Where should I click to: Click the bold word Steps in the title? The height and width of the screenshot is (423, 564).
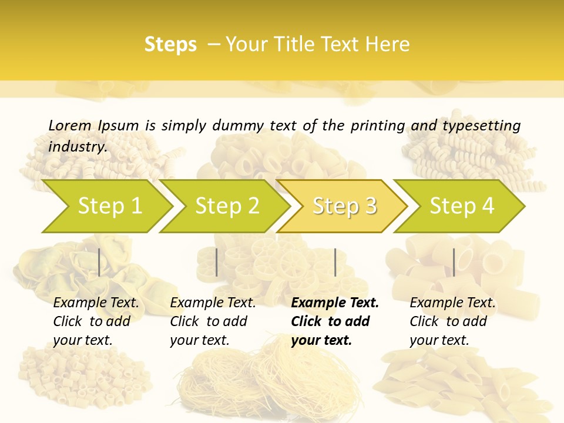[170, 44]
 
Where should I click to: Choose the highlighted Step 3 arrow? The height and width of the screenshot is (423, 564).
[344, 206]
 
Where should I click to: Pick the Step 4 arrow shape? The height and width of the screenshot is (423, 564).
[462, 206]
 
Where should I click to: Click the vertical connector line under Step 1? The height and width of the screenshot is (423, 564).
[99, 262]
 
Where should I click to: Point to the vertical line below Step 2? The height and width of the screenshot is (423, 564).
[217, 262]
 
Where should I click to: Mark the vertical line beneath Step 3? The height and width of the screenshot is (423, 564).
[335, 262]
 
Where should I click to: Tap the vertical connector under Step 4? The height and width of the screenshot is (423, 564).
[454, 262]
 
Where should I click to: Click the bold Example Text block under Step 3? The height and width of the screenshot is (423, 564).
[335, 321]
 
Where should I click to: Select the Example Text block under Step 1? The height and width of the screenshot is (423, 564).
[96, 321]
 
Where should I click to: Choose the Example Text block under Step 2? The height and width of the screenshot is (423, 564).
[213, 321]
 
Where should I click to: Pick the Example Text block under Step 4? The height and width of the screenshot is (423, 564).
[452, 321]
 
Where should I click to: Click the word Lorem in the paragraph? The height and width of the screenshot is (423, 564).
[70, 125]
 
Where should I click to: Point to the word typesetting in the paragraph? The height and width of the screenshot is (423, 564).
[481, 125]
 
